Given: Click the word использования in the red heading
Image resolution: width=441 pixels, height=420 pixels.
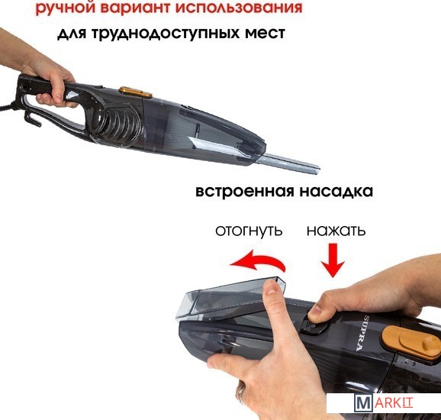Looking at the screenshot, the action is point(239,7).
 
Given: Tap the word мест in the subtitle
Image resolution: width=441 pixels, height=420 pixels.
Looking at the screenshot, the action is point(265,33).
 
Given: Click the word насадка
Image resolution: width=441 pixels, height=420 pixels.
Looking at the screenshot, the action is point(336,192).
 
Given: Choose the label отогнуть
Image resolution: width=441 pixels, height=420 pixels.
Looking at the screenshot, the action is point(249,231).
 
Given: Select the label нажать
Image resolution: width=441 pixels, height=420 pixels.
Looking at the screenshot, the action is point(336,231).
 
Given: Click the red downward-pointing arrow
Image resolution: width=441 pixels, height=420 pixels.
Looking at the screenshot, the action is point(333,260).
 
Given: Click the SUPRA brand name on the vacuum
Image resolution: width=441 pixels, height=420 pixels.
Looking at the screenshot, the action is point(363,333).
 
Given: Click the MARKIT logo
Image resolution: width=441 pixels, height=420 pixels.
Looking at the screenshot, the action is point(383,403).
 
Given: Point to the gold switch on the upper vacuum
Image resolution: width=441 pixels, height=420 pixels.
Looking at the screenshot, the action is point(135,92).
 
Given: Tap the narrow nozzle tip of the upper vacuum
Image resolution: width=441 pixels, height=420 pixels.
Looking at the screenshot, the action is point(316,168).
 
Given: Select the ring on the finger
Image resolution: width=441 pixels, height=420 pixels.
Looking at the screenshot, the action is point(241,392).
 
